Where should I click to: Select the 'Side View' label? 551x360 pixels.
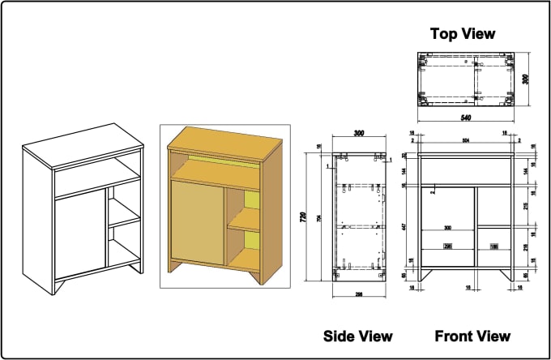(358, 336)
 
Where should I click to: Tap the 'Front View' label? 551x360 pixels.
(472, 336)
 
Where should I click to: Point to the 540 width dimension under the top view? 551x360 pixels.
(466, 118)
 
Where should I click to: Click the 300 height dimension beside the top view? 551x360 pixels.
(525, 79)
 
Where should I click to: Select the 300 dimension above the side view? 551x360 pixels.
(358, 134)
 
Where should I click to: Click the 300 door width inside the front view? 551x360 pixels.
(446, 229)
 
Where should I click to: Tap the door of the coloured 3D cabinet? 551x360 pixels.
(197, 221)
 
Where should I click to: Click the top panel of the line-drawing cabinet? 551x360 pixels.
(81, 144)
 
